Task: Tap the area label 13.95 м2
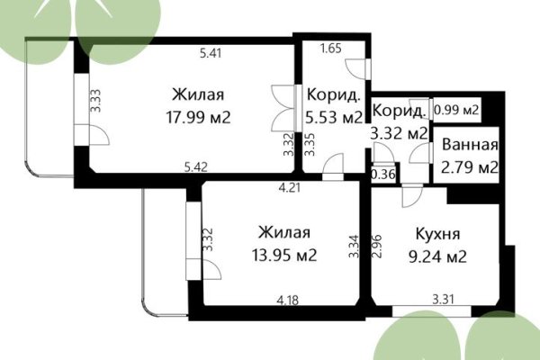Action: (x=284, y=255)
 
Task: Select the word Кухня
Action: (x=439, y=233)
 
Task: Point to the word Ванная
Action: (x=466, y=146)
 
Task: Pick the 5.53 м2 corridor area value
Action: (x=334, y=118)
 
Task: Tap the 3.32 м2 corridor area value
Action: (x=399, y=133)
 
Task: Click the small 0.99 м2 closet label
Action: (x=455, y=111)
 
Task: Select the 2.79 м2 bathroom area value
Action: (x=466, y=166)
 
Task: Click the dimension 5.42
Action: (x=196, y=166)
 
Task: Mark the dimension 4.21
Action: (x=289, y=189)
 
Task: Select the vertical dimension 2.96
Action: (x=379, y=246)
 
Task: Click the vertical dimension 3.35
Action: (x=309, y=146)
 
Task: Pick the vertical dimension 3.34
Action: (x=355, y=246)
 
